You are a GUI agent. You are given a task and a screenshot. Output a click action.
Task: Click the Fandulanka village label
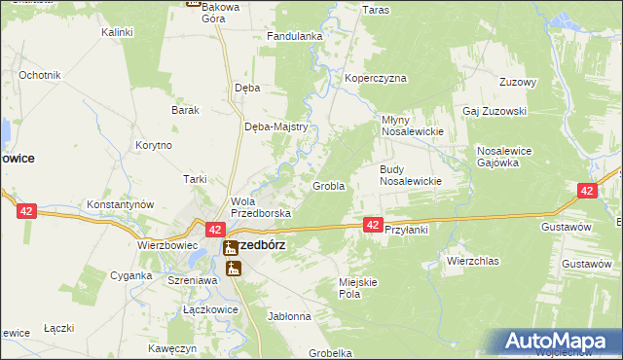[x=294, y=37]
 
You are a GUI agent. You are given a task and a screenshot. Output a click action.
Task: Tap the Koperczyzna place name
[x=375, y=78]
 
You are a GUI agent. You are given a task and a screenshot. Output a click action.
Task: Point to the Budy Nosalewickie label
[x=411, y=174]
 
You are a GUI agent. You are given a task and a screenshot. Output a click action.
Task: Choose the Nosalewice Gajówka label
[x=511, y=157]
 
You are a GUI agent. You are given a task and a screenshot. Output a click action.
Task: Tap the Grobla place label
[x=328, y=186]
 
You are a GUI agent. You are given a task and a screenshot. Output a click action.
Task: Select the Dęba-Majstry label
[x=275, y=126]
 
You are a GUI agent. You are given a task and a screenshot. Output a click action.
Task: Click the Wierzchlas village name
[x=472, y=261]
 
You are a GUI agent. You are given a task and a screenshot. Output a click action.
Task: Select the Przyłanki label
[x=407, y=230]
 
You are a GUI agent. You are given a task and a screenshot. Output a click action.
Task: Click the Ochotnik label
[x=40, y=75]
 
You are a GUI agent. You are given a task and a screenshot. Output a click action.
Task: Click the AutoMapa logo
[x=560, y=342]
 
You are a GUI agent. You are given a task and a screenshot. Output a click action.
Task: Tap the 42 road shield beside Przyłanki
[x=373, y=225]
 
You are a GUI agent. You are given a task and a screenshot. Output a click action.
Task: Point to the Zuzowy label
[x=518, y=82]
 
